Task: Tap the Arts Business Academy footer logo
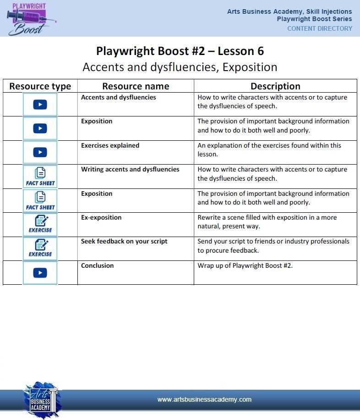(41, 400)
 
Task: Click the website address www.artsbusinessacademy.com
(204, 399)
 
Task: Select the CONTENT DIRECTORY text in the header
(320, 28)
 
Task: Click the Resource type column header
(40, 86)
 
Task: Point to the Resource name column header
(136, 86)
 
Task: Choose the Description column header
(275, 86)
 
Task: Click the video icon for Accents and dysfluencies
(40, 105)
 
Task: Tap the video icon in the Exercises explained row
(40, 152)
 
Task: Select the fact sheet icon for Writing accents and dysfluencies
(40, 177)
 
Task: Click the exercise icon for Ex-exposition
(40, 224)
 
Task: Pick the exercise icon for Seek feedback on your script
(40, 248)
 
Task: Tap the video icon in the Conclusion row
(40, 273)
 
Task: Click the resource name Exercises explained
(110, 145)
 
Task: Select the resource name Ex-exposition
(101, 217)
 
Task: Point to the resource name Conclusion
(97, 265)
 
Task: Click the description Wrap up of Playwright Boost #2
(245, 265)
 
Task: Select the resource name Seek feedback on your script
(124, 241)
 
